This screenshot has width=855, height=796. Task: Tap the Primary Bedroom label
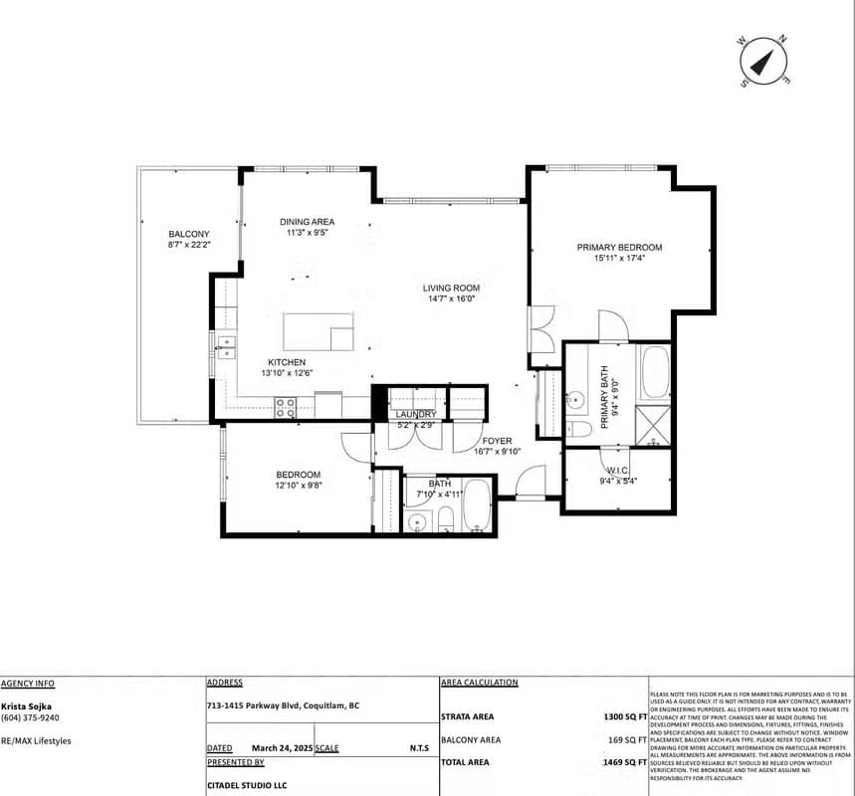pos(619,247)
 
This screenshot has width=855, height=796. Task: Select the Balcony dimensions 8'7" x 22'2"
pos(189,244)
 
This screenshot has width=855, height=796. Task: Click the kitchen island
pos(319,332)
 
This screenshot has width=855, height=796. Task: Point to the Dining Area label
pos(307,222)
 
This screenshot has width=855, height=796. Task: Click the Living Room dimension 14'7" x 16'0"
pos(452,298)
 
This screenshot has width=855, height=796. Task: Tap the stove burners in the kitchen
pos(286,406)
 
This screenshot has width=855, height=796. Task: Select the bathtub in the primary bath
pos(655,372)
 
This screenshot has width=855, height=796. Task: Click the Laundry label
pos(415,414)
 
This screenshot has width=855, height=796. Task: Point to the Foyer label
pos(497,441)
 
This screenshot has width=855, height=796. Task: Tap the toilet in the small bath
pos(446,519)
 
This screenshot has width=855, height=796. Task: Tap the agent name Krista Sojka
pos(27,706)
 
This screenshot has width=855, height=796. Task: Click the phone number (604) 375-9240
pos(30,717)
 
